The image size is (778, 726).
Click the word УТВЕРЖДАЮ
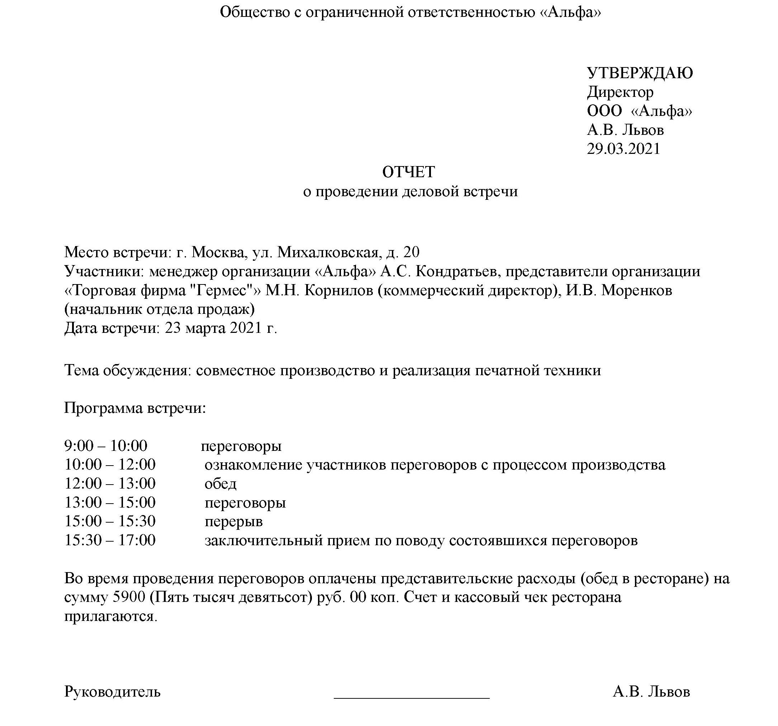pyautogui.click(x=640, y=73)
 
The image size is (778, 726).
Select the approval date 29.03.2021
pyautogui.click(x=623, y=149)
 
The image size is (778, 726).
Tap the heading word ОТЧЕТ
pyautogui.click(x=409, y=172)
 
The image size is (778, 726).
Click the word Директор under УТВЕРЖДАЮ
pyautogui.click(x=620, y=93)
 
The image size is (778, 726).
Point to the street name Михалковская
pyautogui.click(x=328, y=252)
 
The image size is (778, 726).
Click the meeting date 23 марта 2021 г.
pyautogui.click(x=221, y=328)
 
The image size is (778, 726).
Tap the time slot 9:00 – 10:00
pyautogui.click(x=106, y=445)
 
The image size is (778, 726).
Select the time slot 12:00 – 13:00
pyautogui.click(x=110, y=484)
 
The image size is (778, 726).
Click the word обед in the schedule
pyautogui.click(x=220, y=484)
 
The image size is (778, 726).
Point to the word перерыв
pyautogui.click(x=234, y=522)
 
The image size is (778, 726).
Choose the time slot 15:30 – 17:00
pyautogui.click(x=110, y=541)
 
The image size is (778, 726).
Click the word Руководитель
pyautogui.click(x=112, y=692)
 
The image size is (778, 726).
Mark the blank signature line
pyautogui.click(x=411, y=696)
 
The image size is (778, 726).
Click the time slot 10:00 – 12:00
pyautogui.click(x=110, y=465)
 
